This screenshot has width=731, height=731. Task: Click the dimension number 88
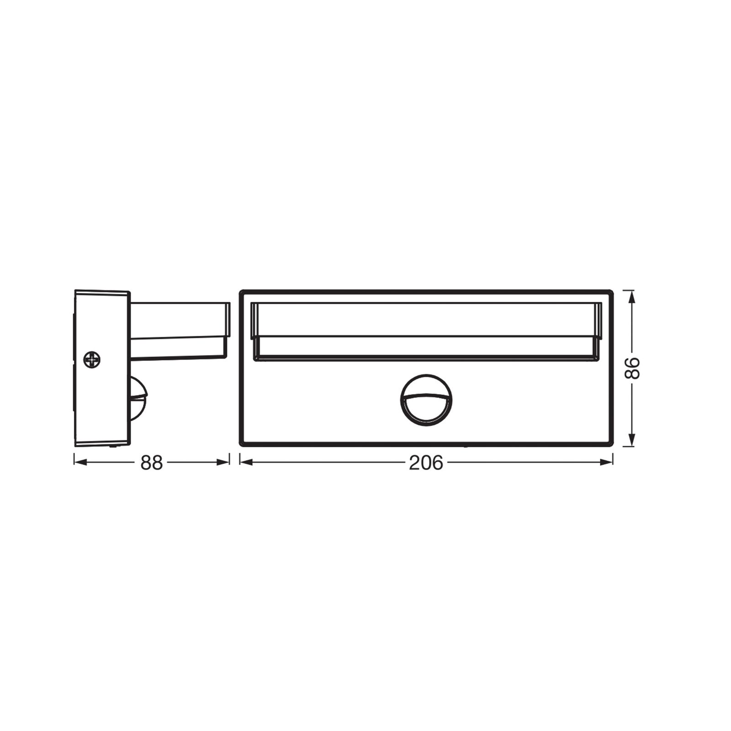[151, 463]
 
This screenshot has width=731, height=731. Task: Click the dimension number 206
[426, 463]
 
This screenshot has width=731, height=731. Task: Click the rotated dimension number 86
[632, 368]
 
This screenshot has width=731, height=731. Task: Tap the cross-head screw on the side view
[92, 360]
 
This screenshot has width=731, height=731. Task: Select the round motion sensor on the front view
[426, 400]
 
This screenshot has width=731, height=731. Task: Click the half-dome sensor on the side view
[138, 399]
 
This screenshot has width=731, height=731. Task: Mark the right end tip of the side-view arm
[228, 320]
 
